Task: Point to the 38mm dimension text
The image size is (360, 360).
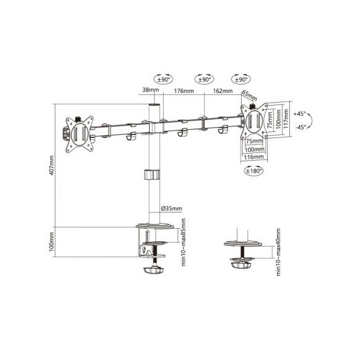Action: pos(151,91)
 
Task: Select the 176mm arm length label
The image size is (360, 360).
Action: pos(184,91)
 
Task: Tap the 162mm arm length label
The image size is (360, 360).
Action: pos(222,91)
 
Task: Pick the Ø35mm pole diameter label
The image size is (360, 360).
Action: pos(172,209)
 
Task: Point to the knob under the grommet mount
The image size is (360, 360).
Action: pos(241,265)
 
